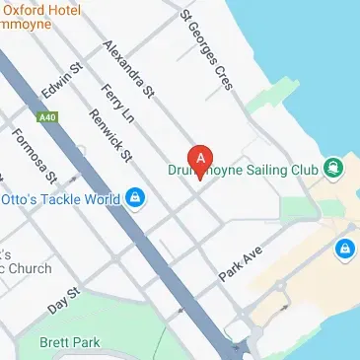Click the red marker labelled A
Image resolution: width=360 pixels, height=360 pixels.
tap(200, 158)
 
